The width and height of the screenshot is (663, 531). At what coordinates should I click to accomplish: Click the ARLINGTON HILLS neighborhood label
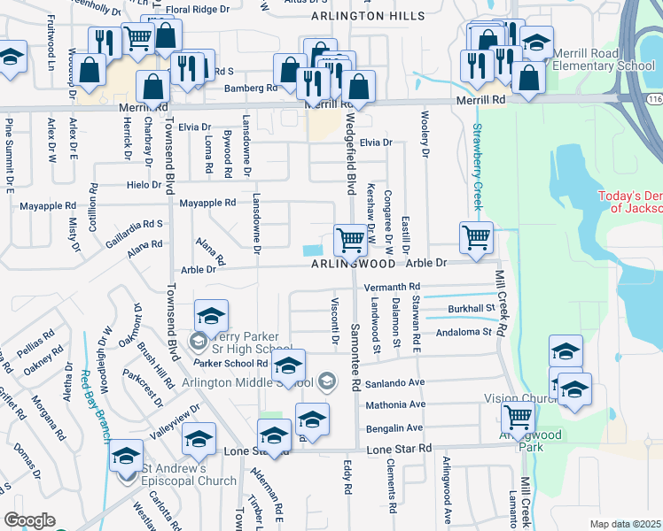pyautogui.click(x=361, y=16)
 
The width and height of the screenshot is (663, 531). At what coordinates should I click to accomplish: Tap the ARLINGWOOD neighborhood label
pyautogui.click(x=352, y=264)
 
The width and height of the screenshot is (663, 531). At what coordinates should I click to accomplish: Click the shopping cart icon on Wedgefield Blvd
pyautogui.click(x=351, y=238)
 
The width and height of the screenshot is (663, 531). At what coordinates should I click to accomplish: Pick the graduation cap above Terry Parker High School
pyautogui.click(x=212, y=315)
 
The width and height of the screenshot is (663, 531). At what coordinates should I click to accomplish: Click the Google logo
pyautogui.click(x=29, y=520)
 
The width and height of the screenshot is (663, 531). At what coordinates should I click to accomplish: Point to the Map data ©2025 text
pyautogui.click(x=625, y=524)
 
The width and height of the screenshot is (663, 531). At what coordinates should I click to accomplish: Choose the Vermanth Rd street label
pyautogui.click(x=391, y=288)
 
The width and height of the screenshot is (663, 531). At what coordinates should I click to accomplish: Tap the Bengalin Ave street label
pyautogui.click(x=396, y=427)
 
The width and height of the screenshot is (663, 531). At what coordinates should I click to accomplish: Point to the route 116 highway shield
pyautogui.click(x=655, y=94)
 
